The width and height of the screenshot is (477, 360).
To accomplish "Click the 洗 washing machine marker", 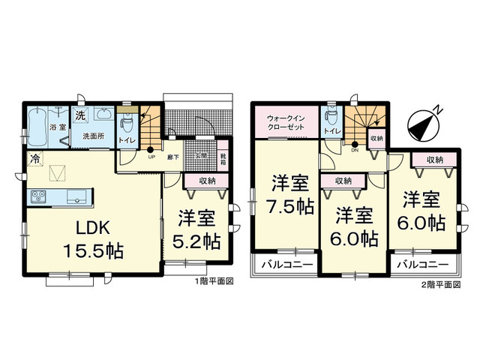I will [79, 116].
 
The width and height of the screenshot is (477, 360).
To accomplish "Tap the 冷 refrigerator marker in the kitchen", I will [34, 159].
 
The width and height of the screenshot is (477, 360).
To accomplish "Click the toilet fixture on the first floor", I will [127, 121].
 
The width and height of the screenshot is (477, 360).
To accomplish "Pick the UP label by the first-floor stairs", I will [151, 157].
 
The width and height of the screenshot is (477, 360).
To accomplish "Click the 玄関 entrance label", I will [201, 155].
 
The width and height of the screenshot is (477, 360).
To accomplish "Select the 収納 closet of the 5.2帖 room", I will [208, 181].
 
